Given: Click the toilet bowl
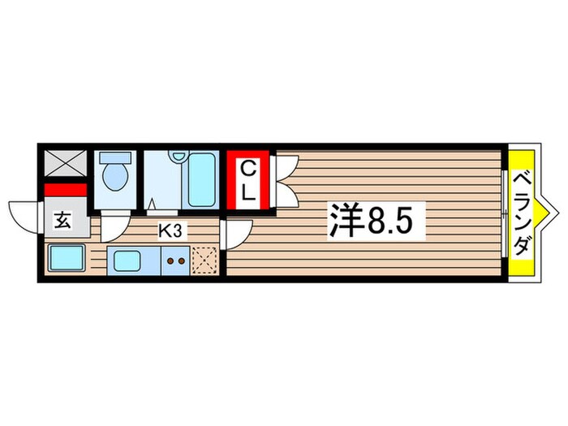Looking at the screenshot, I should (115, 178).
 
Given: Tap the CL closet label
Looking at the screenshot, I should (250, 180).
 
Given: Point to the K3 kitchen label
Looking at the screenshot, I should (170, 230).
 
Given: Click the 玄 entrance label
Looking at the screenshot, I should (62, 219).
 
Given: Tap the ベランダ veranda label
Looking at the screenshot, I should (523, 213).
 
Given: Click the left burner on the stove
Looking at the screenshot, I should (171, 261).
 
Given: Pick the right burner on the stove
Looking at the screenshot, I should (183, 261).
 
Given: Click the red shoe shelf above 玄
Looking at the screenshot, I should (64, 190).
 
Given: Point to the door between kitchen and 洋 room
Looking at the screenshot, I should (235, 235).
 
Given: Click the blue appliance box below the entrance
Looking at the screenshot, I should (64, 260).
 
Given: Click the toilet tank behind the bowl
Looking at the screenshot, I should (114, 158).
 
